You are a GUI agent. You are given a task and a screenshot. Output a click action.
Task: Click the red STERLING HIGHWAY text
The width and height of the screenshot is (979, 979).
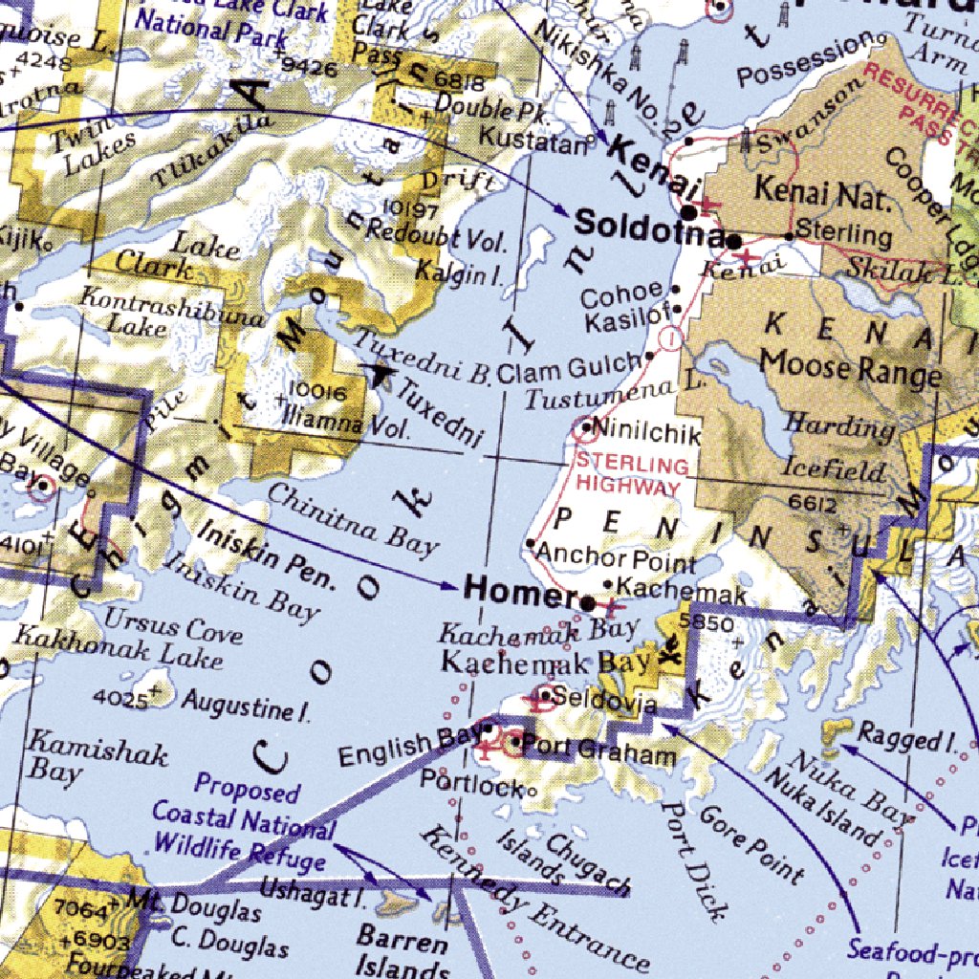click(x=631, y=476)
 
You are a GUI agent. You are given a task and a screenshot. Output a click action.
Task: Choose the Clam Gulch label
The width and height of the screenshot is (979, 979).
click(x=569, y=368)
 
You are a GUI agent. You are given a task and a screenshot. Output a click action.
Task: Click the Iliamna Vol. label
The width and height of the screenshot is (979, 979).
click(x=349, y=423)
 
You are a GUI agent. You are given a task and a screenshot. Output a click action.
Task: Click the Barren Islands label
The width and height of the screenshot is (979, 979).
click(x=402, y=951)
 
